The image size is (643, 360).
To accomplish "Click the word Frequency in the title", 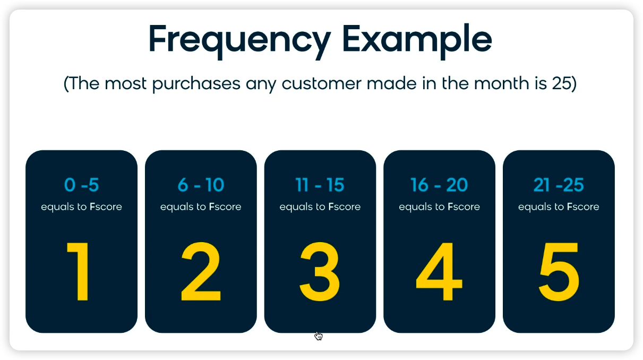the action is point(240,42).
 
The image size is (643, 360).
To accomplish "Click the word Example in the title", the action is point(417,42).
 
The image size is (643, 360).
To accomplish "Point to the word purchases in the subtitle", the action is point(196,84).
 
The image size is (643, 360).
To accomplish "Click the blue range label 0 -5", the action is point(81,185).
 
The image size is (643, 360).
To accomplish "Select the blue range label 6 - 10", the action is point(201,185).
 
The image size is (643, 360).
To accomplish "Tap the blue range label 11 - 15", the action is point(320,185).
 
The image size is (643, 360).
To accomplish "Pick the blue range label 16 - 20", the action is point(439,185).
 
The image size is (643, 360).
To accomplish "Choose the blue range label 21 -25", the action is point(559,185).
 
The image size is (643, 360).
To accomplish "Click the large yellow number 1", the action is point(78,271).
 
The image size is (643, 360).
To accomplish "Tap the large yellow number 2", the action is point(201,271).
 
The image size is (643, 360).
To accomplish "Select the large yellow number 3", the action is point(320,271).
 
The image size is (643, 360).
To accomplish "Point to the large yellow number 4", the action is point(439,271).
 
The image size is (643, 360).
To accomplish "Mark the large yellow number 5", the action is point(559,271).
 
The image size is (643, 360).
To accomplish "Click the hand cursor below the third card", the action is point(319,336).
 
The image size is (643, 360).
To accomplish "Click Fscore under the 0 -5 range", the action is point(106,207).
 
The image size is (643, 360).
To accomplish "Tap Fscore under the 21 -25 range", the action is point(583,207).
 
